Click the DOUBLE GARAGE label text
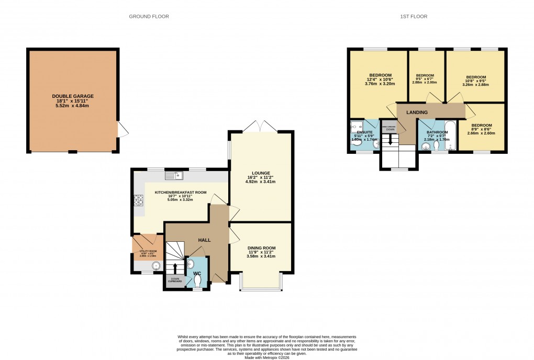(x=73, y=96)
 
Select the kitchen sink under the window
(x=173, y=175)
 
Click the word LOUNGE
(x=260, y=173)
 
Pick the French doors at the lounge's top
(x=260, y=126)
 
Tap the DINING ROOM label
(x=261, y=248)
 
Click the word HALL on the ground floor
(x=204, y=240)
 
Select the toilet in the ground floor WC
(x=197, y=280)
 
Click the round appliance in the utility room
(x=155, y=266)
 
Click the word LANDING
(x=417, y=113)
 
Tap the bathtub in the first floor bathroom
(x=450, y=136)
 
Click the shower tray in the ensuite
(x=356, y=127)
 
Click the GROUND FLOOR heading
(x=149, y=17)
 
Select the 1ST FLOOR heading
(x=414, y=17)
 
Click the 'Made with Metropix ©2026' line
(x=266, y=357)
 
